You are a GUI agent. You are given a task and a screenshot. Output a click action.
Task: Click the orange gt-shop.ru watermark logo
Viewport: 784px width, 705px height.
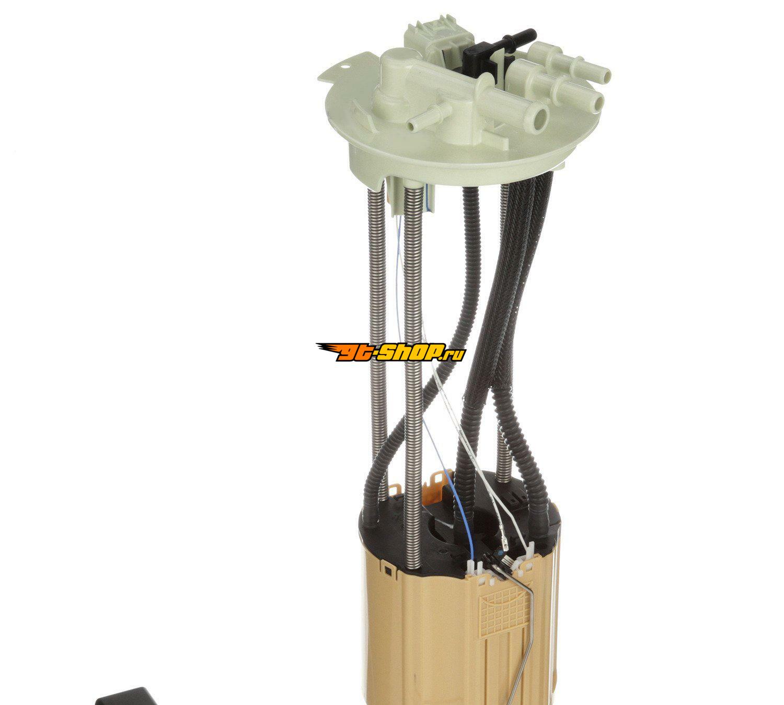[x=390, y=352]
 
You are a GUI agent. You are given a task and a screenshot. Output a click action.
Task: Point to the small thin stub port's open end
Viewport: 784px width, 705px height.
[x=412, y=125]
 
